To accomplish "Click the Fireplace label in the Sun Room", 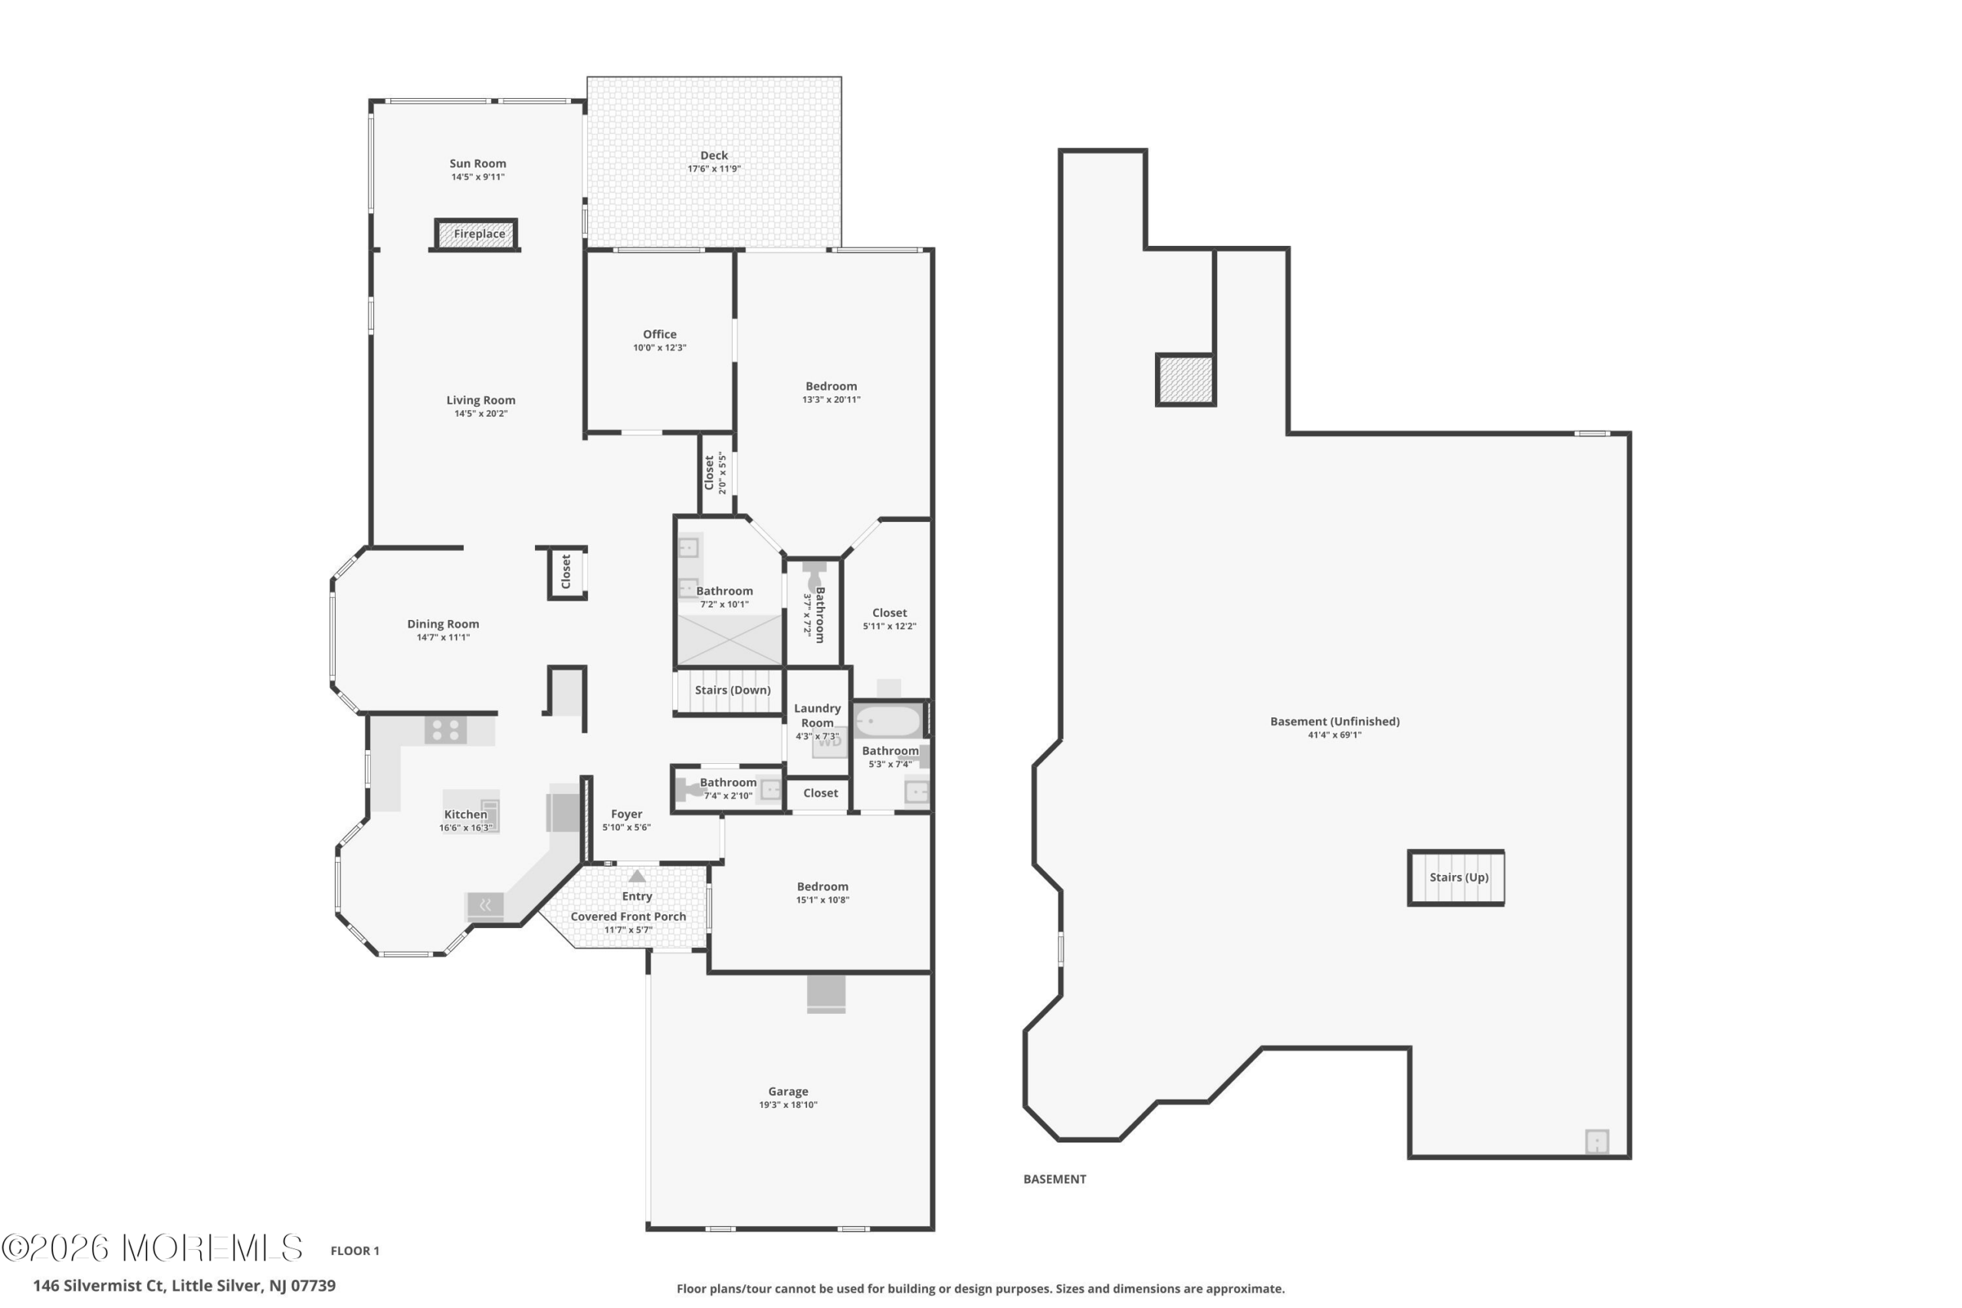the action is [x=479, y=234].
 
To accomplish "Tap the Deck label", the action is [x=714, y=155].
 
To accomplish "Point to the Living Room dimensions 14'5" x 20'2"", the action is [x=481, y=414].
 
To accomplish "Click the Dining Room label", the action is [x=443, y=624].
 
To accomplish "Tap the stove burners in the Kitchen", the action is [x=445, y=730].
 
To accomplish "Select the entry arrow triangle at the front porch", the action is [x=638, y=876].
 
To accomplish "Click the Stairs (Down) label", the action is [x=733, y=690].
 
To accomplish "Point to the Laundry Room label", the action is [x=818, y=716].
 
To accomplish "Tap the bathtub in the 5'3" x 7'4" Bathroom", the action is [x=887, y=721].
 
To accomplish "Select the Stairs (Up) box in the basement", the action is [x=1456, y=877].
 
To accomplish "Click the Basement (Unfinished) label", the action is [x=1334, y=722].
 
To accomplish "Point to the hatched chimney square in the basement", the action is [x=1186, y=380].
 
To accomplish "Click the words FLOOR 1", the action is [x=355, y=1251].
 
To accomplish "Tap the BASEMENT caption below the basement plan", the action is [x=1055, y=1179].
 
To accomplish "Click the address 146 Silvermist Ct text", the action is [x=98, y=1286].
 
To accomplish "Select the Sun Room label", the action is [x=478, y=163].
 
